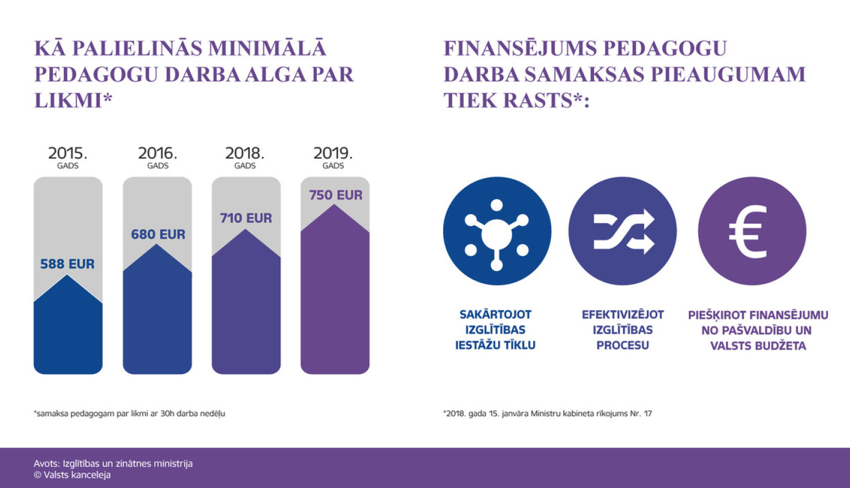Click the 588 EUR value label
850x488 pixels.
[67, 264]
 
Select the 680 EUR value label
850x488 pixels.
[158, 234]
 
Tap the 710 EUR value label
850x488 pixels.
[246, 218]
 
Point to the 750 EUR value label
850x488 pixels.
[335, 195]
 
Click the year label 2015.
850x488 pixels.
[67, 154]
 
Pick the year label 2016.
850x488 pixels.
[158, 154]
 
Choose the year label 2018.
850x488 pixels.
[245, 154]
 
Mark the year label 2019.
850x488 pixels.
[333, 154]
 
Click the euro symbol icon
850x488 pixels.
[752, 231]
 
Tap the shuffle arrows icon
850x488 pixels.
[623, 231]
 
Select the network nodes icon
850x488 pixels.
[497, 231]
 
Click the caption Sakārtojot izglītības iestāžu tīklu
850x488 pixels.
[495, 330]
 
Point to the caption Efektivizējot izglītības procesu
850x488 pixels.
[623, 330]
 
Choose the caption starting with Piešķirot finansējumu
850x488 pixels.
[758, 330]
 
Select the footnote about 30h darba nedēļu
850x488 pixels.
[129, 414]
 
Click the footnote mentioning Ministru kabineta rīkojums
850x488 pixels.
[547, 414]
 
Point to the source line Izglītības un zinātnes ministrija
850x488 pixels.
[113, 463]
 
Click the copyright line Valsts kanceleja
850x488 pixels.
[72, 475]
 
